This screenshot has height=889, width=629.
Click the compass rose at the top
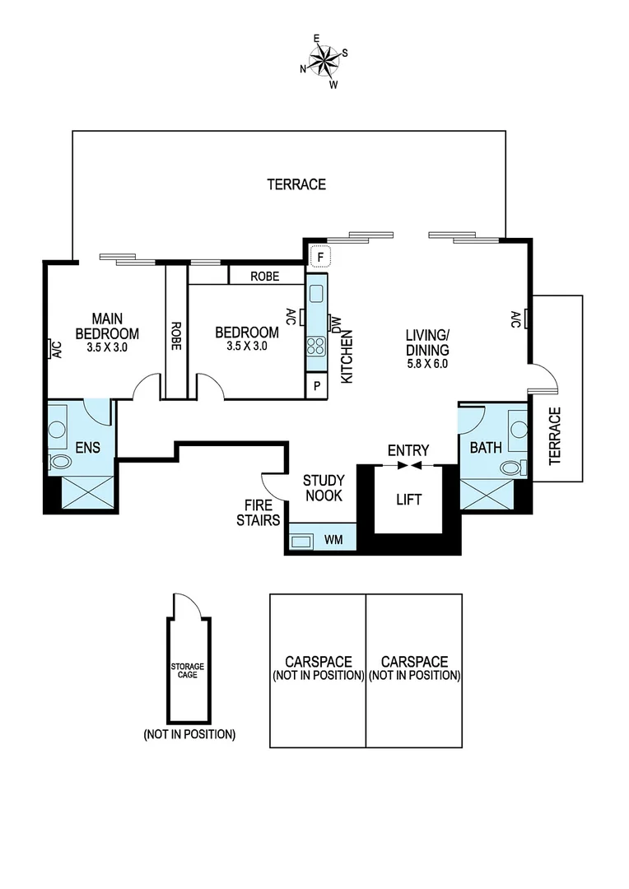(325, 59)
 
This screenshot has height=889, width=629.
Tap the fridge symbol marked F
(319, 257)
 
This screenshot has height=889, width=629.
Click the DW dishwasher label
(336, 323)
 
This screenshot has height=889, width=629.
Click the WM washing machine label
(334, 540)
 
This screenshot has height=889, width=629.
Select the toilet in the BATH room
(512, 468)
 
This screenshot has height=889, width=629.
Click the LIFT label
(409, 500)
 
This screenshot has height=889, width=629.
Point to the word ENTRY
(409, 450)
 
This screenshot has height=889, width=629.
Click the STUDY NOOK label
(323, 488)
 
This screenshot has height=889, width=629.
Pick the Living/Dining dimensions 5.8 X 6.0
(426, 363)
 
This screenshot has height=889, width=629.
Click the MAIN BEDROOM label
(107, 326)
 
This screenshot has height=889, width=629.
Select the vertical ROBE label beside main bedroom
(176, 336)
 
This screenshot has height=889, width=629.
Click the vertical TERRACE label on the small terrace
(554, 436)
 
